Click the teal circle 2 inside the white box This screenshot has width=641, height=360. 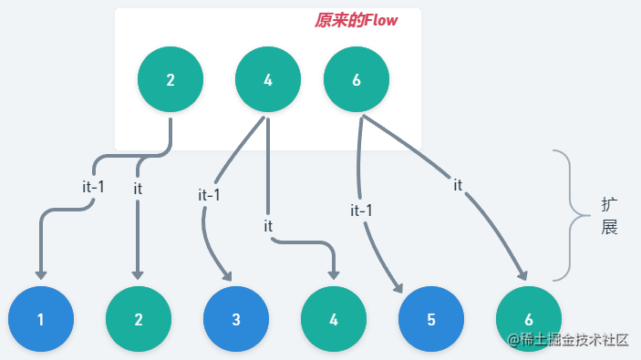(171, 79)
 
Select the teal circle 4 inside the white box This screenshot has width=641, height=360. (268, 79)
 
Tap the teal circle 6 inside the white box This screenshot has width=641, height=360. (356, 79)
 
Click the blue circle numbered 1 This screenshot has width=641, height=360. (41, 319)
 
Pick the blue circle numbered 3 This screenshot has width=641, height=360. (236, 319)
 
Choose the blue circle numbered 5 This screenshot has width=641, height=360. (431, 319)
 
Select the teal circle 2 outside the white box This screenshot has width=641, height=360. (139, 319)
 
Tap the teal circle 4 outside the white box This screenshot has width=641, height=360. (334, 319)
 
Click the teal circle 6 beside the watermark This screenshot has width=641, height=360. (529, 319)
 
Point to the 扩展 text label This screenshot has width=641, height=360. (610, 216)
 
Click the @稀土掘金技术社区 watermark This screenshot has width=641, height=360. (568, 340)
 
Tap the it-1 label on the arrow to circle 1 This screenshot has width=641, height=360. (93, 187)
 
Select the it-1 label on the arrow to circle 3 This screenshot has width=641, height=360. (209, 194)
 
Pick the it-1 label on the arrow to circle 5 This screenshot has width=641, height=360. (361, 211)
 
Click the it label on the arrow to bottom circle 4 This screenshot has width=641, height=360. (268, 224)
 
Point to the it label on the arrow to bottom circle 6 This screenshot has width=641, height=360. (458, 185)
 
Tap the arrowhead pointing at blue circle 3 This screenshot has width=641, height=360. (225, 274)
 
